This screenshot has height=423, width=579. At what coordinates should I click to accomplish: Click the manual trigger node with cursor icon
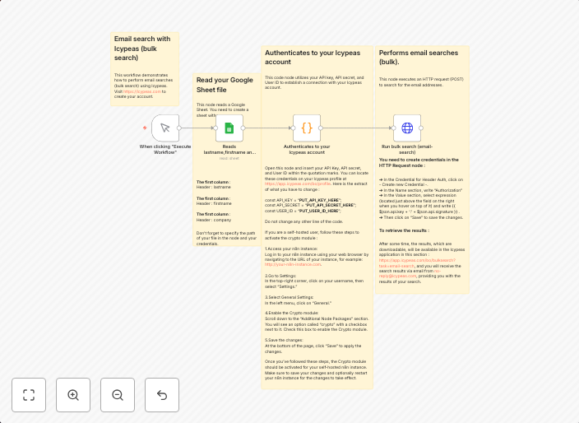(165, 128)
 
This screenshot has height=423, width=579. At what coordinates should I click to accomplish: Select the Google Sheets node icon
(229, 128)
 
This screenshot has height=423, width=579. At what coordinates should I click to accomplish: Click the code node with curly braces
(307, 128)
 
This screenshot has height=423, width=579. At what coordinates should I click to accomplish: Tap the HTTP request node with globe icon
(406, 128)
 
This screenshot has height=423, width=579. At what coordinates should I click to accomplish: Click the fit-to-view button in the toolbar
(29, 395)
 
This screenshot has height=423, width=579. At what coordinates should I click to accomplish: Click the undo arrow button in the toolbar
(162, 395)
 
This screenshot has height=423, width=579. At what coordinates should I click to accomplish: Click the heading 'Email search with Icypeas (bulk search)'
(142, 49)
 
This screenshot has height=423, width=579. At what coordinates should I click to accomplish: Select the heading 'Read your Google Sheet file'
(225, 84)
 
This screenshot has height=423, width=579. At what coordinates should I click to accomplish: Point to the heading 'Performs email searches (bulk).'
(418, 57)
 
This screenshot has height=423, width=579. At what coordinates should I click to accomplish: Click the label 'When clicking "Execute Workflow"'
(165, 149)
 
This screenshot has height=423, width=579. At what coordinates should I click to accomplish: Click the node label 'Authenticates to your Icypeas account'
(307, 149)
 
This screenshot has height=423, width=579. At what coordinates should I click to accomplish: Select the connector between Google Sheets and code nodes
(268, 128)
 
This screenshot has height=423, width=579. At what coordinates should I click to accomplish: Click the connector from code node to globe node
(357, 128)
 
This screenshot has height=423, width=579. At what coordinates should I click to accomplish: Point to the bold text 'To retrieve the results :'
(404, 230)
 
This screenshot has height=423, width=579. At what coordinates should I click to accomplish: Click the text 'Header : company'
(214, 221)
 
